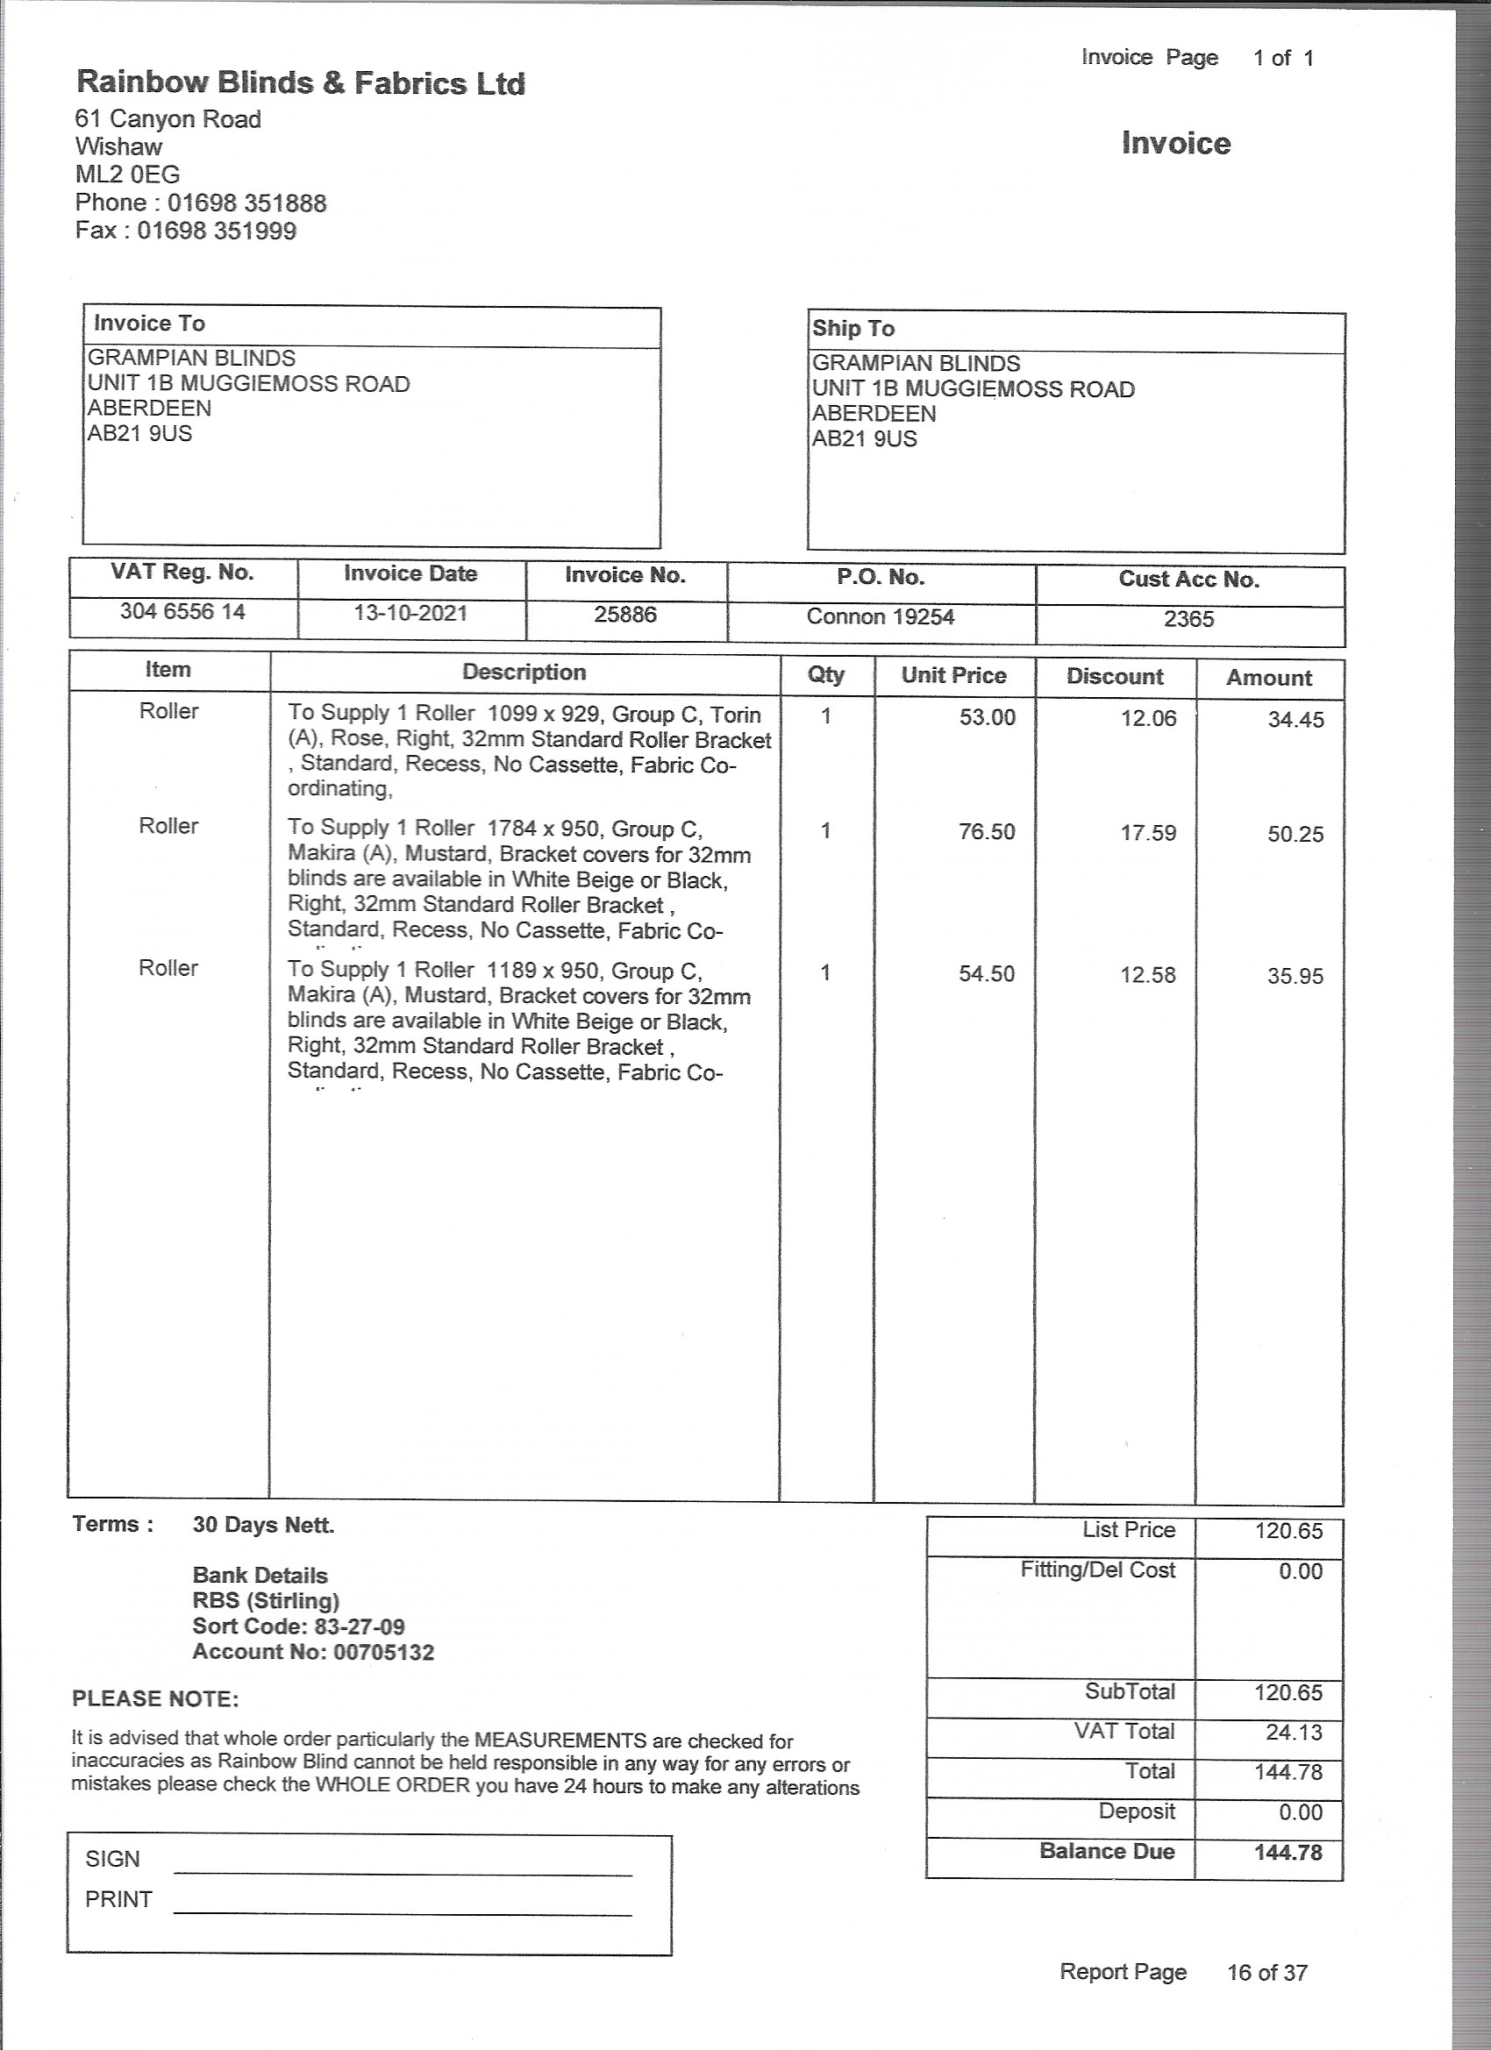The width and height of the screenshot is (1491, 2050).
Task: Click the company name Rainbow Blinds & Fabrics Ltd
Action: (x=300, y=83)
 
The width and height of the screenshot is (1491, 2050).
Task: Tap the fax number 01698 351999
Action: (x=217, y=231)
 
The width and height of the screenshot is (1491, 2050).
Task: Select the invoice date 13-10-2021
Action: (x=410, y=613)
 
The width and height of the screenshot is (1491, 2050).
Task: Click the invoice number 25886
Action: (x=624, y=615)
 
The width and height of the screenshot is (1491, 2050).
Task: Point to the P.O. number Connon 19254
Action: (x=880, y=616)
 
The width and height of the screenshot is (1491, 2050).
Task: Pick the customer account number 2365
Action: (x=1189, y=619)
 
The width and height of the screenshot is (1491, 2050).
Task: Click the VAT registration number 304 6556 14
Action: (x=182, y=612)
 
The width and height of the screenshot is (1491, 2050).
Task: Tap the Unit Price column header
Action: (x=953, y=675)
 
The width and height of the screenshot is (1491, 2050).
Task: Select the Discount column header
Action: (x=1114, y=676)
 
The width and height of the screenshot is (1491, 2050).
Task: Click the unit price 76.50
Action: (x=987, y=831)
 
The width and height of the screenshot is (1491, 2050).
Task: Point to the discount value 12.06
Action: (x=1148, y=719)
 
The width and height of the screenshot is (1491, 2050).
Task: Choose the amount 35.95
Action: (x=1295, y=976)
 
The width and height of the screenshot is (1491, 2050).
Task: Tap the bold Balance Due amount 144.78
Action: (x=1288, y=1852)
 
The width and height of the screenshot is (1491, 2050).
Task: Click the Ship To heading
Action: (x=853, y=328)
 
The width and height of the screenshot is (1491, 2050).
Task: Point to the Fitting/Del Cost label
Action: (x=1097, y=1570)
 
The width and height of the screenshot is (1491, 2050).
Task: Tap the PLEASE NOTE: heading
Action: (x=155, y=1698)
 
